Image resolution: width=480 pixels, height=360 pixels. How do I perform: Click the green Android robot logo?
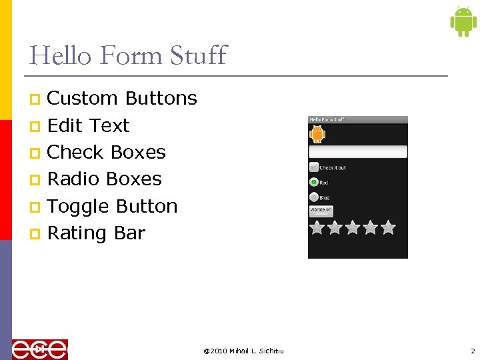[x=463, y=22]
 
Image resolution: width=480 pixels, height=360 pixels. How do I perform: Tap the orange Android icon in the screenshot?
[x=317, y=134]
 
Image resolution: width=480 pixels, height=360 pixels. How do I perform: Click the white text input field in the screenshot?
[x=358, y=151]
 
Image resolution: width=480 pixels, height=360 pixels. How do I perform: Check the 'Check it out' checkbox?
[x=314, y=167]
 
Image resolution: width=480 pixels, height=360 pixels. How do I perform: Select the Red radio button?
[x=314, y=182]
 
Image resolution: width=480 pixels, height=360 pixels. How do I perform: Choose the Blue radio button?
[x=314, y=197]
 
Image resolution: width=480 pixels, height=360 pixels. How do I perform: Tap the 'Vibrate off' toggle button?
[x=321, y=210]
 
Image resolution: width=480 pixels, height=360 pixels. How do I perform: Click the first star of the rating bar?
[x=317, y=228]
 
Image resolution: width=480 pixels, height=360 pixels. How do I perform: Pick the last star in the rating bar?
[x=388, y=228]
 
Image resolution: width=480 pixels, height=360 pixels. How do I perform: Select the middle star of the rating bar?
[x=353, y=228]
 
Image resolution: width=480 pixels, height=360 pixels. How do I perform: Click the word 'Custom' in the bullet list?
[x=83, y=99]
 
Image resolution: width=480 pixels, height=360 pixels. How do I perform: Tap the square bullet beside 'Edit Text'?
[x=35, y=127]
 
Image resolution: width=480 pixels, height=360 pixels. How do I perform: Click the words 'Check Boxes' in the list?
[x=107, y=153]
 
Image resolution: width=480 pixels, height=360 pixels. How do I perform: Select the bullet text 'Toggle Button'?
[x=112, y=207]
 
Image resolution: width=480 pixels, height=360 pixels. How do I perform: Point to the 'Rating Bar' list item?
[x=96, y=233]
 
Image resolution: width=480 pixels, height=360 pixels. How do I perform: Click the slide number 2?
[x=473, y=351]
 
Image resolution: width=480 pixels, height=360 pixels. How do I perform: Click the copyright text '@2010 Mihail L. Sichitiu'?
[x=243, y=351]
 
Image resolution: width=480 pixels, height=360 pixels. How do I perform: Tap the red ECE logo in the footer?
[x=40, y=349]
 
